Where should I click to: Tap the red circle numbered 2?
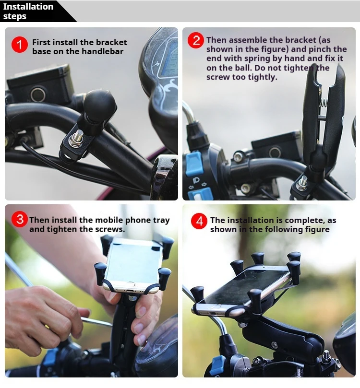click(x=195, y=40)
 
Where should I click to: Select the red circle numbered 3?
click(x=19, y=220)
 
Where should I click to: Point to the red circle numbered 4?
click(x=199, y=221)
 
